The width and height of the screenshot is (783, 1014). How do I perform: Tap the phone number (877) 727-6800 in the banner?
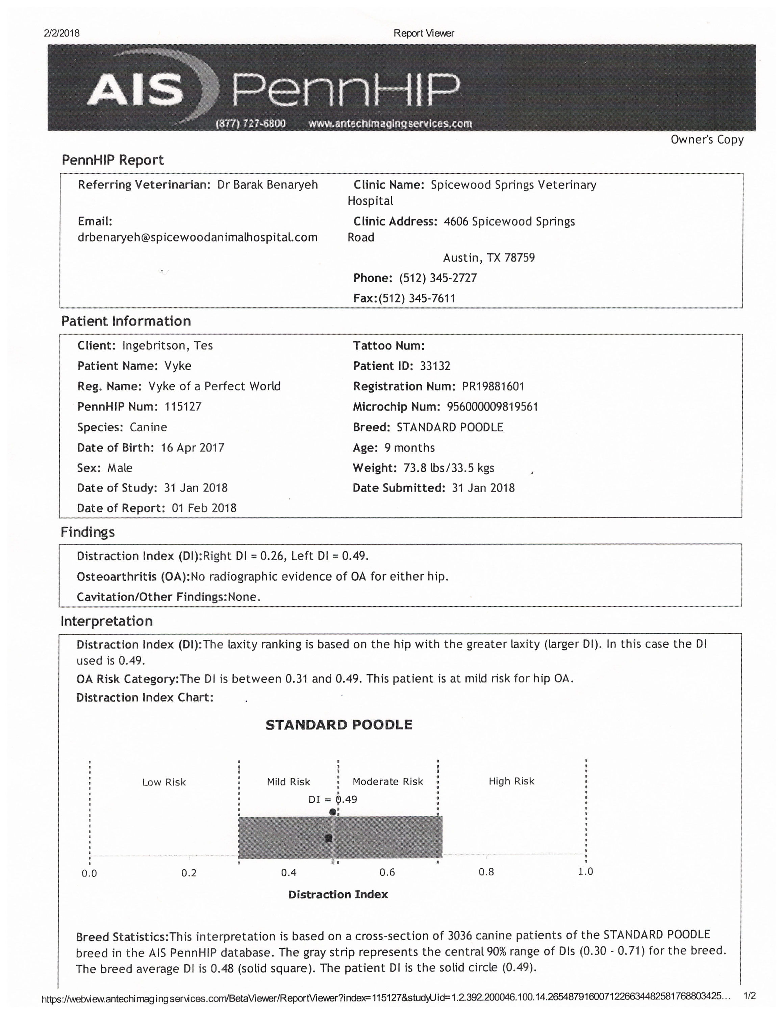click(x=251, y=123)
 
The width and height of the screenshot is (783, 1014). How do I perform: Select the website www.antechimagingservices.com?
click(x=390, y=123)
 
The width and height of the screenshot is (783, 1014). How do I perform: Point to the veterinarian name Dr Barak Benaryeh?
click(x=268, y=185)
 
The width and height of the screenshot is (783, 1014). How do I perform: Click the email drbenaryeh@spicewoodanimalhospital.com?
click(x=198, y=237)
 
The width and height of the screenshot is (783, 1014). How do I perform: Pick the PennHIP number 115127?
click(x=183, y=407)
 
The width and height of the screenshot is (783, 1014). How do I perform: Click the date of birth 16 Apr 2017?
click(x=193, y=448)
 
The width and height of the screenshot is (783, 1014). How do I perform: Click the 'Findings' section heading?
click(x=88, y=532)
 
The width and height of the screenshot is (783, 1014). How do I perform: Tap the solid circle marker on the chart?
click(x=333, y=812)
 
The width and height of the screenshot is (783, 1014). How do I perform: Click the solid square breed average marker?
click(x=329, y=838)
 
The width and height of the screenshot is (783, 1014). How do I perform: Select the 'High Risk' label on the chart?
click(x=511, y=781)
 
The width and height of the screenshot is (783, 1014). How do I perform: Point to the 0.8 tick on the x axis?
click(x=486, y=872)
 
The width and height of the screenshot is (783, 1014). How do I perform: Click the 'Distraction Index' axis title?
click(x=338, y=895)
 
